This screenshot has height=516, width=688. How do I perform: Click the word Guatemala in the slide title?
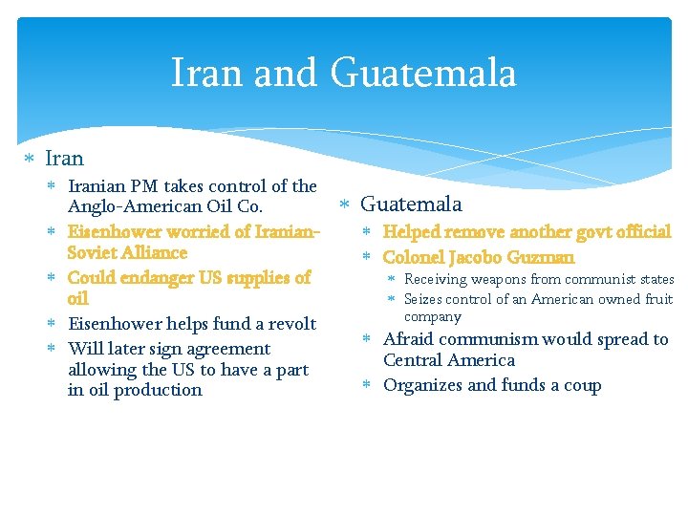(x=423, y=74)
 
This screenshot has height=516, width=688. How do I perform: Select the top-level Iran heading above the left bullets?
(x=64, y=159)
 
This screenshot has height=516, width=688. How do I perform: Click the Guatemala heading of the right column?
(x=411, y=204)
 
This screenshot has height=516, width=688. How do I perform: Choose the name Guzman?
(x=541, y=257)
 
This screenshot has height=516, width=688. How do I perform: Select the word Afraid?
(x=408, y=339)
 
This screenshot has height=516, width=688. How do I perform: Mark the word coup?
(x=583, y=385)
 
